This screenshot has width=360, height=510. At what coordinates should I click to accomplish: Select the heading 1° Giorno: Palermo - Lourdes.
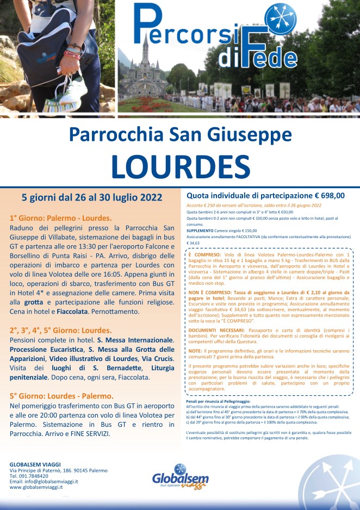coord(60,218)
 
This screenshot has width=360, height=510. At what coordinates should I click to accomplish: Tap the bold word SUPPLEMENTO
coord(200,231)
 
